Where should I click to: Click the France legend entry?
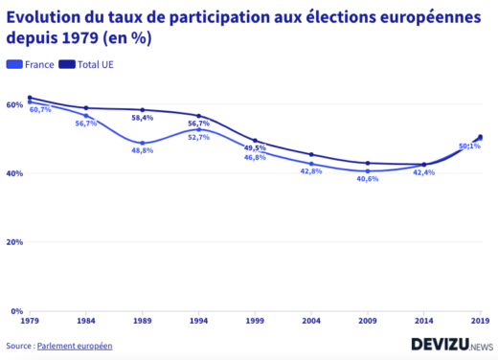(30, 64)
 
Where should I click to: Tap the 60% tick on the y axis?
(14, 104)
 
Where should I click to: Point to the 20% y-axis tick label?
(14, 242)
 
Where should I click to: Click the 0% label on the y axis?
(16, 311)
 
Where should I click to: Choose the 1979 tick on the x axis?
(29, 323)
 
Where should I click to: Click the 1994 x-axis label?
(198, 323)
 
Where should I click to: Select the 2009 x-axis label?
(368, 323)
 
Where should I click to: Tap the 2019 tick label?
(480, 323)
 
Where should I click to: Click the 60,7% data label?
(40, 110)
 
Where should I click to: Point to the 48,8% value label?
(142, 151)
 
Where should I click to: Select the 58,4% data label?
(142, 119)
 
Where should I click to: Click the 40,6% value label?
(368, 179)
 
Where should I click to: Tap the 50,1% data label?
(469, 146)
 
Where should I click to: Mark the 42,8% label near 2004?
(311, 171)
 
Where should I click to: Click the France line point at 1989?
(142, 143)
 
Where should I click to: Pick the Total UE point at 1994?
(198, 116)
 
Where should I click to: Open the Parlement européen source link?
(75, 345)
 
